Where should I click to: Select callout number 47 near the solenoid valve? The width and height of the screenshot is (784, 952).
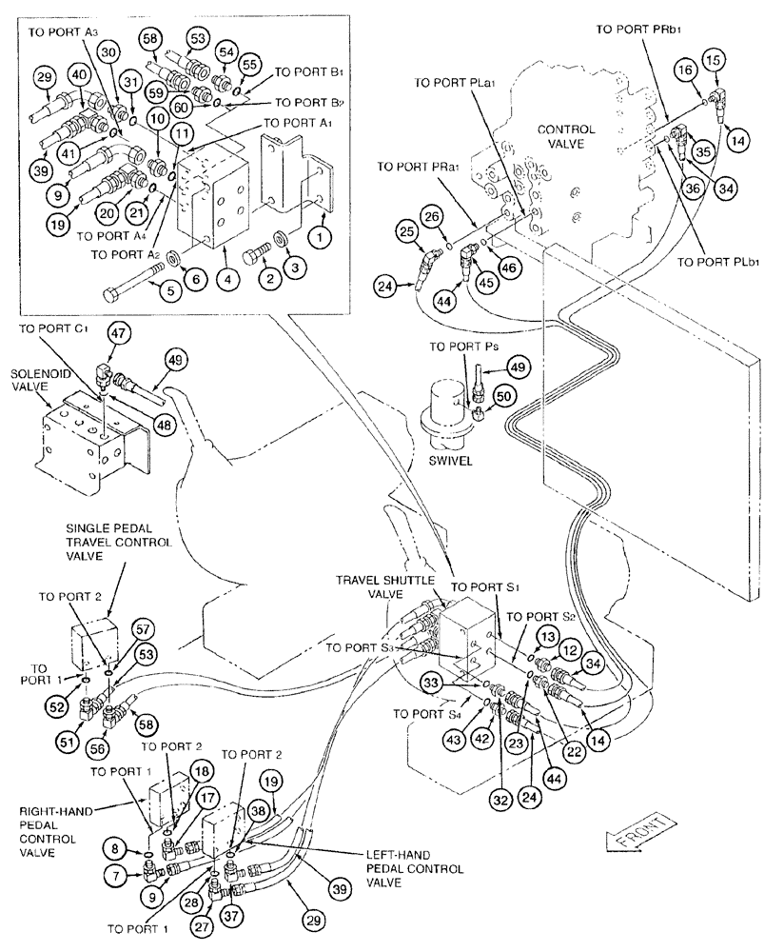coord(118,333)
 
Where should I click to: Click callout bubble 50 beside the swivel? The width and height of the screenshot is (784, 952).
coord(502,394)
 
